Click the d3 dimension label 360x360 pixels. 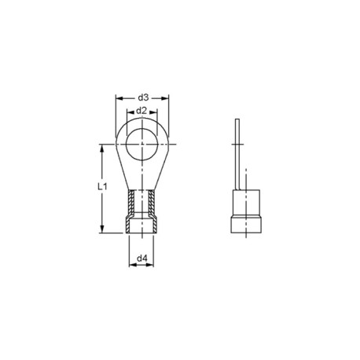pos(142,97)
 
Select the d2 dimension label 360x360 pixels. pos(142,112)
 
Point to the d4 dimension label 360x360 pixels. pos(142,257)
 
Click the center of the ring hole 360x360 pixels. pos(142,144)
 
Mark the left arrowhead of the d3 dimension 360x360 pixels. pos(119,98)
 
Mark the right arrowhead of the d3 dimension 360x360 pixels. pos(167,98)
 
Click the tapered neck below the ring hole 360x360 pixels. pos(142,176)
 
